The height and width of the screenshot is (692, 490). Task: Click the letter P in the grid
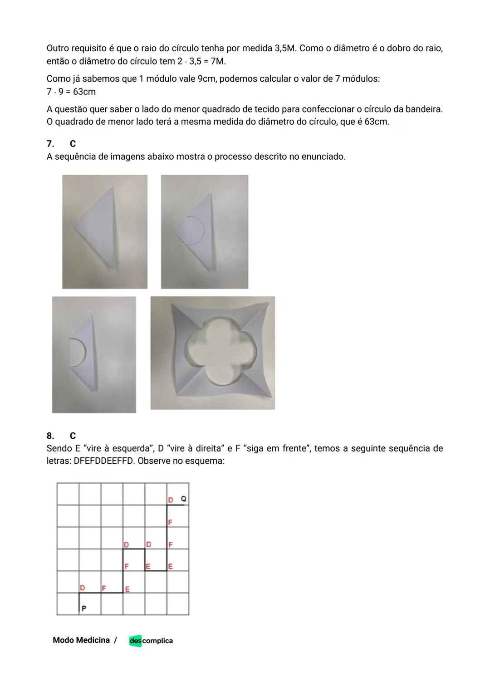point(84,609)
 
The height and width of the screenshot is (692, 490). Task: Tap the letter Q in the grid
point(183,499)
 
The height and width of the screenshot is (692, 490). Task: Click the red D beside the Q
point(171,500)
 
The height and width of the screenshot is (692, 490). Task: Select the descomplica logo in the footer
point(151,641)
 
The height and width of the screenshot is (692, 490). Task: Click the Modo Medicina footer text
point(81,640)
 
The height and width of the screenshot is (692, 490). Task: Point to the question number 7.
point(50,144)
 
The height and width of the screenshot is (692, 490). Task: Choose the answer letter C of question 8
point(73,436)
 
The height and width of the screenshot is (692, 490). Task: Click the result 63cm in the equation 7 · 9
point(84,92)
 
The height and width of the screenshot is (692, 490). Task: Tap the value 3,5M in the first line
point(286,48)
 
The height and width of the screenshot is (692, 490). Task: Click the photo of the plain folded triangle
point(105,231)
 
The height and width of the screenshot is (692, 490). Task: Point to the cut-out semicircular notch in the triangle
point(77,353)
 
